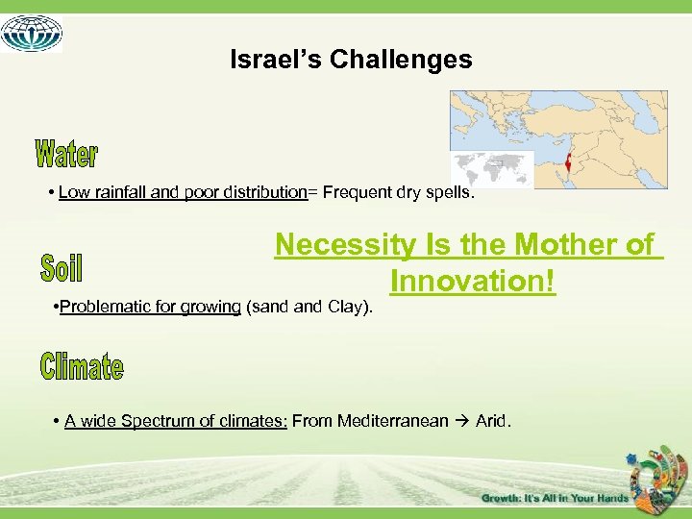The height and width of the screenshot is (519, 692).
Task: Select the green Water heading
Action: click(66, 153)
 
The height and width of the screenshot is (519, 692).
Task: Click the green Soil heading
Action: click(62, 267)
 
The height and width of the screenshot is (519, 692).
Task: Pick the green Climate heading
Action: click(82, 366)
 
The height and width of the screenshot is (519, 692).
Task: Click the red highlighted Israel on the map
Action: click(568, 160)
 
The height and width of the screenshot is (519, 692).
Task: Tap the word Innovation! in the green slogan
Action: click(473, 282)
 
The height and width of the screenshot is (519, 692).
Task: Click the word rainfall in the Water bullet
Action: click(117, 192)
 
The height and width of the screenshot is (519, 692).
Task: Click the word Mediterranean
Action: click(392, 421)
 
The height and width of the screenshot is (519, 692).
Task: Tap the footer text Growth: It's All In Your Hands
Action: click(555, 498)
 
